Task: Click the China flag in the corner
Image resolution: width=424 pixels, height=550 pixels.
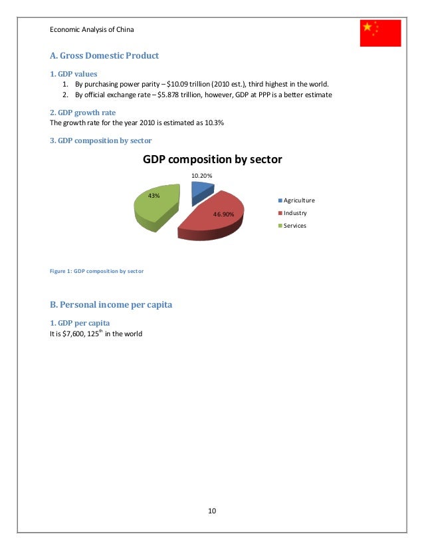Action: [381, 33]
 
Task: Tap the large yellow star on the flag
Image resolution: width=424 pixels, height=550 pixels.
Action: [367, 27]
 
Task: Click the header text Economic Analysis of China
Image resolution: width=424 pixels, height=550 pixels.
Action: [93, 29]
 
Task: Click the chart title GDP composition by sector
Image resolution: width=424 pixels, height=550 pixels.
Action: [213, 160]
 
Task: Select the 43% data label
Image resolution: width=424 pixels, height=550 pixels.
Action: [154, 196]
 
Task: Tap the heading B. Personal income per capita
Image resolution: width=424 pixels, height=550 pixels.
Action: [111, 305]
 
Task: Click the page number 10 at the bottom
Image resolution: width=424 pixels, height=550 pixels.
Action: [212, 511]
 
